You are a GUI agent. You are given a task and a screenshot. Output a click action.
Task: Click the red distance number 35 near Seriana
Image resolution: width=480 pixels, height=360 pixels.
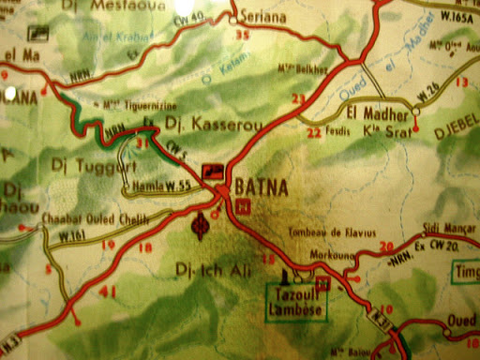pyautogui.click(x=244, y=35)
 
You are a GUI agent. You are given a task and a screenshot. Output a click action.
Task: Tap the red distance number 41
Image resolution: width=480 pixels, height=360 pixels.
pyautogui.click(x=108, y=292)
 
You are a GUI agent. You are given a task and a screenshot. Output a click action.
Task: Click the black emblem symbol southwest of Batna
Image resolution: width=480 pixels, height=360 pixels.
pyautogui.click(x=199, y=224)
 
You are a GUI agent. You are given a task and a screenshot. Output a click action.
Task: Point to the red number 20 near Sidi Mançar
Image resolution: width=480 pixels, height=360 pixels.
pyautogui.click(x=385, y=246)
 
